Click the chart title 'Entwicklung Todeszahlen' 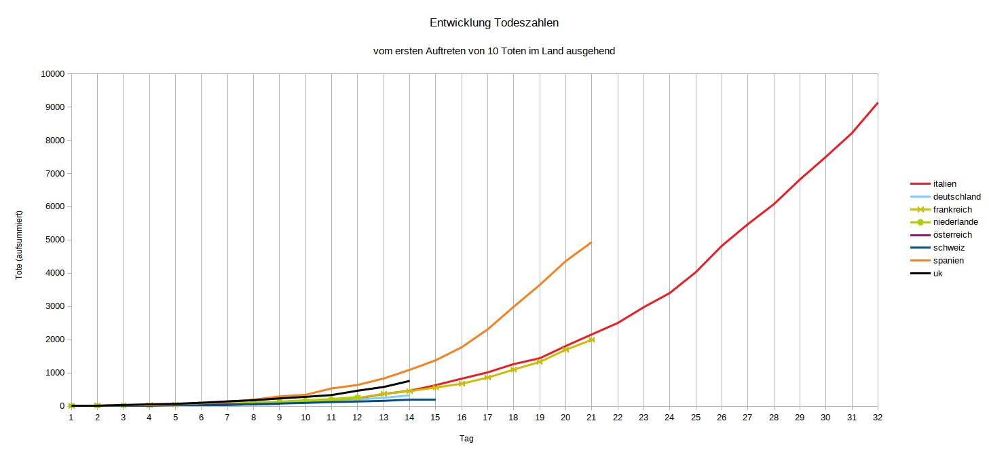(494, 23)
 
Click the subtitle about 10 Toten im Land (494, 51)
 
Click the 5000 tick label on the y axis (54, 240)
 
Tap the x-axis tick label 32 (877, 418)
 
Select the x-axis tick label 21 (591, 418)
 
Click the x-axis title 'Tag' (466, 439)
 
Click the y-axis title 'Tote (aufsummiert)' (20, 245)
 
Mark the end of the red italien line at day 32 (877, 103)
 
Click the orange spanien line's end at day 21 (591, 242)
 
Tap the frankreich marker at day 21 (591, 340)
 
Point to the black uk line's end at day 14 (409, 381)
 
